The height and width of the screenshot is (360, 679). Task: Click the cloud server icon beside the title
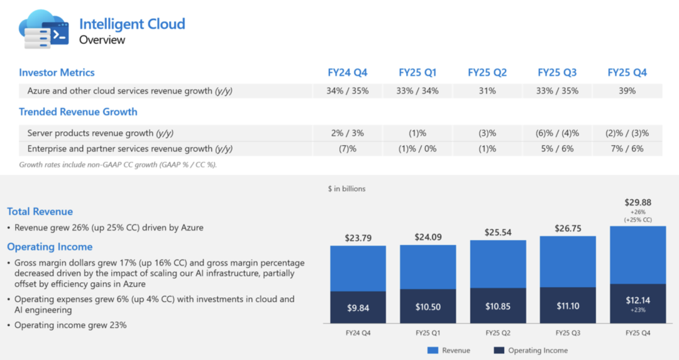pyautogui.click(x=43, y=29)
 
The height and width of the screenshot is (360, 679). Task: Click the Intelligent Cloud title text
pyautogui.click(x=132, y=25)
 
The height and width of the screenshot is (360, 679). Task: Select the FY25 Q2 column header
pyautogui.click(x=487, y=72)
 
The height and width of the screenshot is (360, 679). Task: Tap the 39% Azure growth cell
pyautogui.click(x=627, y=90)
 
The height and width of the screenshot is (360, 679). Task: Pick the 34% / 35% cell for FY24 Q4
pyautogui.click(x=348, y=90)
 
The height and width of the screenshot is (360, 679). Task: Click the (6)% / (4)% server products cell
pyautogui.click(x=558, y=133)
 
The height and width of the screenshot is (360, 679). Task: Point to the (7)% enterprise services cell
pyautogui.click(x=348, y=149)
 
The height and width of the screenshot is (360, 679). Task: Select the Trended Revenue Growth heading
pyautogui.click(x=78, y=112)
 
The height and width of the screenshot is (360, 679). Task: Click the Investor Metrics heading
pyautogui.click(x=57, y=72)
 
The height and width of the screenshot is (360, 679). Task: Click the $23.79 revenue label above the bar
pyautogui.click(x=358, y=238)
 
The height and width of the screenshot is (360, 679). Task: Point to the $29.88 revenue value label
pyautogui.click(x=638, y=202)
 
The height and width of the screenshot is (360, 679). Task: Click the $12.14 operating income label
pyautogui.click(x=638, y=300)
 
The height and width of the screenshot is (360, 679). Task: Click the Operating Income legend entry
pyautogui.click(x=531, y=350)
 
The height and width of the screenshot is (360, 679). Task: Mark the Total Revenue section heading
pyautogui.click(x=40, y=212)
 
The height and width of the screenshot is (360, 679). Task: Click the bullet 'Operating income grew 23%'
pyautogui.click(x=70, y=325)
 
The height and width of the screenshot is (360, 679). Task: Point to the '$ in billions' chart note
pyautogui.click(x=346, y=188)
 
